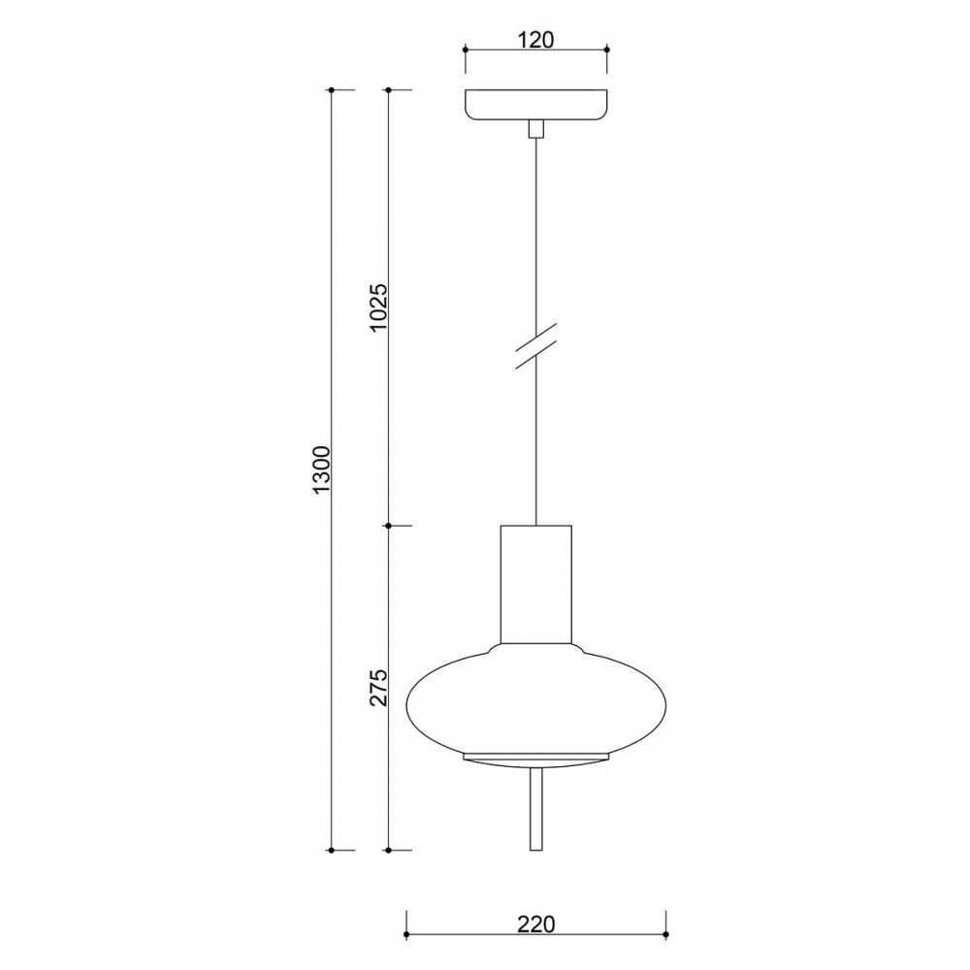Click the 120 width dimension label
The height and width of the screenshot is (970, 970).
(x=535, y=40)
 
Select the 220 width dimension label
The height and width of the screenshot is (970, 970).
(x=535, y=924)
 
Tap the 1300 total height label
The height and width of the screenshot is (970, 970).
(x=323, y=469)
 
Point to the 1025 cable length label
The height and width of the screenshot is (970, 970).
(x=378, y=307)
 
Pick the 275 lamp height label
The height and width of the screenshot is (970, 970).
(x=378, y=688)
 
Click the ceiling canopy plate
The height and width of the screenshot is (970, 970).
(x=535, y=105)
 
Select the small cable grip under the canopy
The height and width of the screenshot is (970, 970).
(x=535, y=128)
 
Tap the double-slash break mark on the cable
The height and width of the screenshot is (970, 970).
(x=535, y=346)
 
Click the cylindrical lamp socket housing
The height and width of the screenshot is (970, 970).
(x=535, y=584)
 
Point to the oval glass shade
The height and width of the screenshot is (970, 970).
(x=535, y=699)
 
